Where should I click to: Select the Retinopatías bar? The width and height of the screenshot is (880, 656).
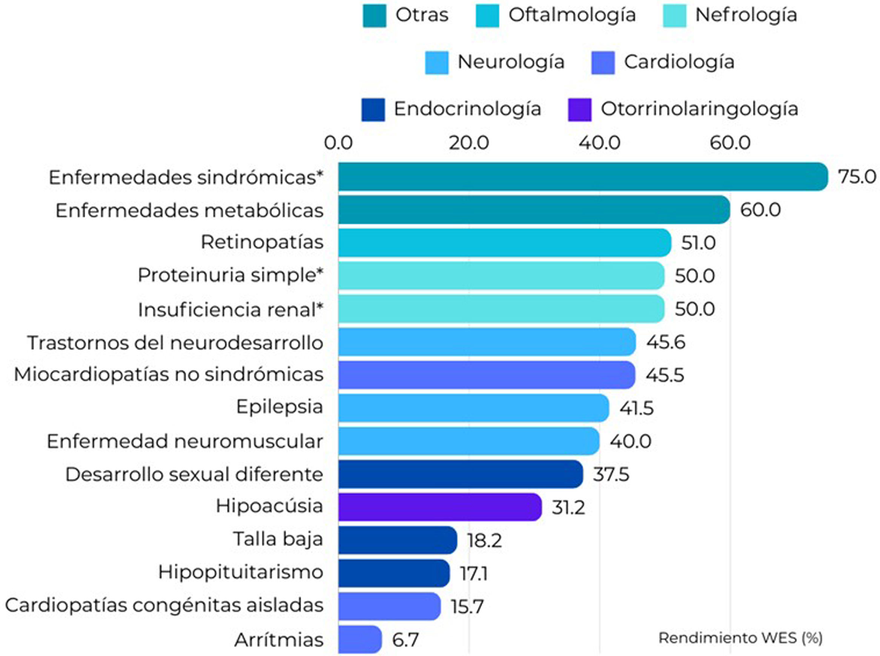pyautogui.click(x=504, y=243)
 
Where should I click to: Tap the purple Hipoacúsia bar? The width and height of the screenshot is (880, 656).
pyautogui.click(x=439, y=507)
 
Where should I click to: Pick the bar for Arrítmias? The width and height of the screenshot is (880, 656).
pyautogui.click(x=360, y=639)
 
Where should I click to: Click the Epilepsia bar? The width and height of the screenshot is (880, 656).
pyautogui.click(x=473, y=408)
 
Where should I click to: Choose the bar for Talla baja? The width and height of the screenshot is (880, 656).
pyautogui.click(x=398, y=540)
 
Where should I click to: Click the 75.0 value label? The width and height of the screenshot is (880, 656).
pyautogui.click(x=857, y=177)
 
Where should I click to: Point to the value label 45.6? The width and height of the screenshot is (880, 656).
pyautogui.click(x=665, y=342)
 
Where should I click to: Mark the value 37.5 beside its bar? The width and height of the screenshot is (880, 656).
pyautogui.click(x=611, y=475)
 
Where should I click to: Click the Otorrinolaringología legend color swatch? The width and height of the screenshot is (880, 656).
pyautogui.click(x=579, y=110)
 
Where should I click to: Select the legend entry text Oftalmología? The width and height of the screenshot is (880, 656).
pyautogui.click(x=572, y=15)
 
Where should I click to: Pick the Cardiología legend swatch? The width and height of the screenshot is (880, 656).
pyautogui.click(x=602, y=63)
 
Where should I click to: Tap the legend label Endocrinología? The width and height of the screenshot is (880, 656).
pyautogui.click(x=467, y=109)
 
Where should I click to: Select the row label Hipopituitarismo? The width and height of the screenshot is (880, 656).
pyautogui.click(x=241, y=573)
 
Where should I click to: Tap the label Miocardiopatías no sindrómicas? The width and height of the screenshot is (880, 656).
pyautogui.click(x=168, y=375)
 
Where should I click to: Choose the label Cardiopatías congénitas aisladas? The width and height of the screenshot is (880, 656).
pyautogui.click(x=164, y=605)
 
